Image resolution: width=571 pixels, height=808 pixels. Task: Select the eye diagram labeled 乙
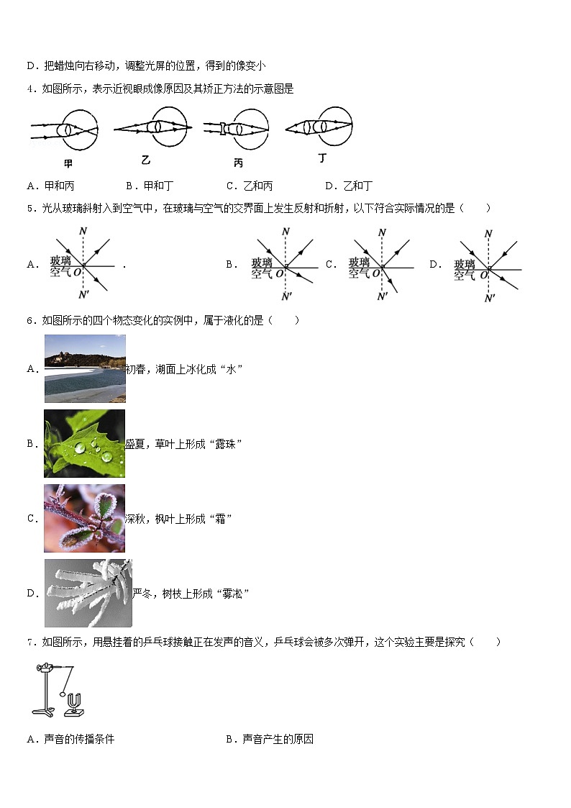click(153, 127)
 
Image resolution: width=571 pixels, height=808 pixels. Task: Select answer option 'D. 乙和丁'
click(349, 186)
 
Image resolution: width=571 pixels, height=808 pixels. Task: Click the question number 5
click(30, 208)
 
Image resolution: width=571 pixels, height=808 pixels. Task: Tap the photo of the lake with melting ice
click(85, 368)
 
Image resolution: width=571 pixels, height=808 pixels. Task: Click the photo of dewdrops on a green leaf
click(84, 443)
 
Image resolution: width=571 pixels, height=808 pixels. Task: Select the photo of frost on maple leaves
click(84, 518)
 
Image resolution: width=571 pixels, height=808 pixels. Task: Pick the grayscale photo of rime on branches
click(88, 593)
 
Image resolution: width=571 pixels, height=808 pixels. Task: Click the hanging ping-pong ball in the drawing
click(62, 696)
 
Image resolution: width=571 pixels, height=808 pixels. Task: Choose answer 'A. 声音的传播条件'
click(70, 739)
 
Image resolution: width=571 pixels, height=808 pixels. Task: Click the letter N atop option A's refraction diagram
click(83, 232)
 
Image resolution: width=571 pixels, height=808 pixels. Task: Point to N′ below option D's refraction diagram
click(489, 298)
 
